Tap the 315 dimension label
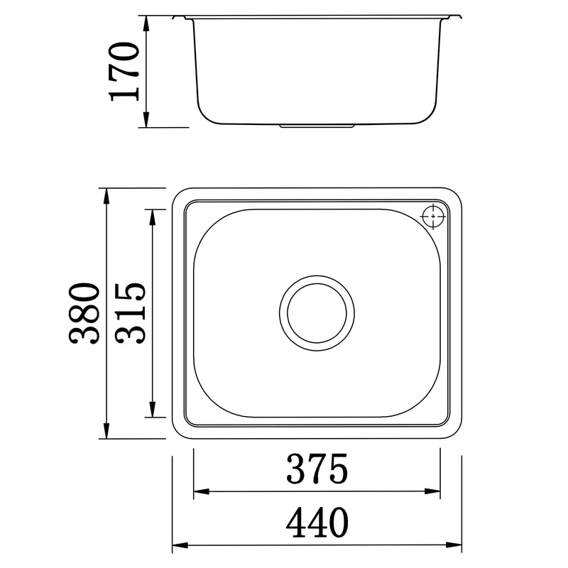[131, 313]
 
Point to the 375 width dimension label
[317, 469]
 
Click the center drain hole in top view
[317, 312]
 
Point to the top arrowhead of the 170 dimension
[146, 21]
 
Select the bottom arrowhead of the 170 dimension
[146, 122]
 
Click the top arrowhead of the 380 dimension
[106, 195]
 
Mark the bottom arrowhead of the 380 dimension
[106, 432]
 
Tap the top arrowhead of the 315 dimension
[151, 215]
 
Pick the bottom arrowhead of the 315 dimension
[151, 411]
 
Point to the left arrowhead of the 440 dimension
[179, 546]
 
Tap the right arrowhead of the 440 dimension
[456, 546]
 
